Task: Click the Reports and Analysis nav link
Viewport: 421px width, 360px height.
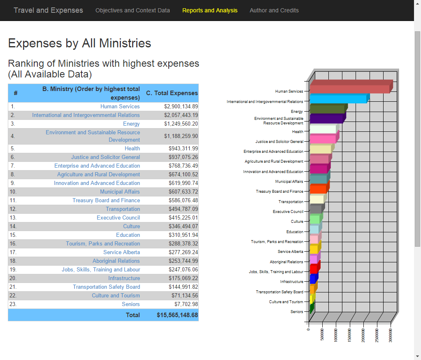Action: (209, 10)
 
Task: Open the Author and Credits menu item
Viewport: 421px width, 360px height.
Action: (274, 10)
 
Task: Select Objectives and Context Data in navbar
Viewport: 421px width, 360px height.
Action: (133, 10)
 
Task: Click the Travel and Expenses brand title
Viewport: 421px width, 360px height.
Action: (48, 10)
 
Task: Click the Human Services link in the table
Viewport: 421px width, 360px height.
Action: (120, 106)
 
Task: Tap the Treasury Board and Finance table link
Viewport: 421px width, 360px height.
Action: (106, 200)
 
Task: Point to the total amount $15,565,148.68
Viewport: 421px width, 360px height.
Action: (177, 315)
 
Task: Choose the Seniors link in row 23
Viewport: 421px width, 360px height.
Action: (131, 304)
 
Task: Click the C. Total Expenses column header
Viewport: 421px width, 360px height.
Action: (172, 93)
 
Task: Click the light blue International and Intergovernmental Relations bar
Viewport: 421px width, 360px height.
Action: (338, 99)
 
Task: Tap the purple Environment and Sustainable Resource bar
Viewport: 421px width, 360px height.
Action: (326, 119)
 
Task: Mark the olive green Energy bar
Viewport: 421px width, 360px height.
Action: (327, 109)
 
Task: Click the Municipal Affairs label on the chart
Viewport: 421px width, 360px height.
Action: (289, 181)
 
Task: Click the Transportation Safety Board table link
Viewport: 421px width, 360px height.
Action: (107, 287)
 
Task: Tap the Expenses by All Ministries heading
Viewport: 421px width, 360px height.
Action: (79, 43)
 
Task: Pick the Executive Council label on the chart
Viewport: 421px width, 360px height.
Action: (288, 211)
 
